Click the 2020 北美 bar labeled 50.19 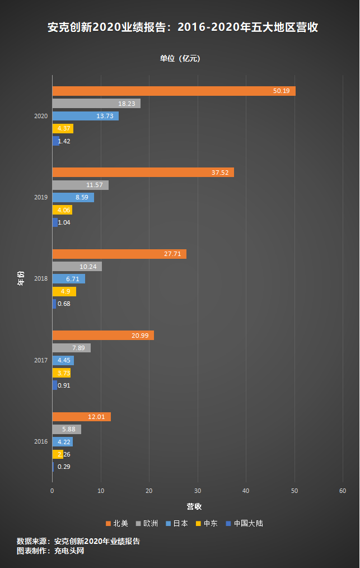click(x=174, y=91)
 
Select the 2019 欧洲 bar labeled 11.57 click(x=80, y=185)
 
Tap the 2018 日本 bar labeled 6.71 click(x=68, y=279)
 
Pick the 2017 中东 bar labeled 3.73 click(x=61, y=373)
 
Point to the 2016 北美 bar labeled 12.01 click(x=81, y=417)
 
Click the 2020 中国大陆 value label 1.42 click(x=64, y=141)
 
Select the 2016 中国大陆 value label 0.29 click(x=64, y=467)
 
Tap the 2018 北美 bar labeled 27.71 click(x=119, y=254)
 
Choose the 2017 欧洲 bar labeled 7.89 click(x=71, y=348)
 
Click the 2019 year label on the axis click(x=41, y=197)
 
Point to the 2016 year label click(x=41, y=441)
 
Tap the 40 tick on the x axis click(x=246, y=491)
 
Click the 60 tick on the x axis click(x=343, y=491)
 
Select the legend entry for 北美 click(x=117, y=524)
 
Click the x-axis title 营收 click(x=194, y=506)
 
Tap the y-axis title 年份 click(x=21, y=278)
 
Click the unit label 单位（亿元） click(x=180, y=58)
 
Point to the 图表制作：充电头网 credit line click(x=50, y=551)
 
